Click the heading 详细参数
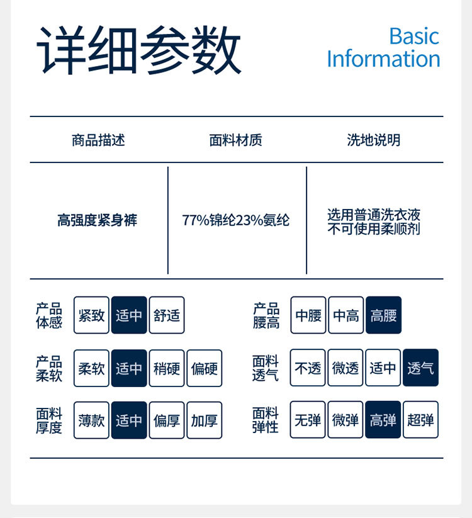click(x=139, y=50)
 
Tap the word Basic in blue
click(x=413, y=36)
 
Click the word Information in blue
click(x=383, y=59)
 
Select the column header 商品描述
click(x=98, y=140)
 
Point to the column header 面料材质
click(x=235, y=140)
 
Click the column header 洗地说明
click(x=373, y=140)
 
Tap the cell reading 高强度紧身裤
click(x=97, y=221)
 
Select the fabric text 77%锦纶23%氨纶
click(x=236, y=221)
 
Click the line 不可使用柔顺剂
click(x=373, y=229)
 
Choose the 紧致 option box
click(x=91, y=315)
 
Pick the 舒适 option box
click(x=167, y=315)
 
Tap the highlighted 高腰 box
click(x=383, y=315)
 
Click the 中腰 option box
click(x=308, y=315)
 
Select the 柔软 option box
click(x=91, y=368)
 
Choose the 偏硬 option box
click(x=205, y=368)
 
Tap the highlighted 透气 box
click(x=420, y=368)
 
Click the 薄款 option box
click(x=91, y=420)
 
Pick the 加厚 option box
click(x=205, y=420)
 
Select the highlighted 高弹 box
click(x=383, y=420)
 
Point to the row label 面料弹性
click(x=265, y=420)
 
